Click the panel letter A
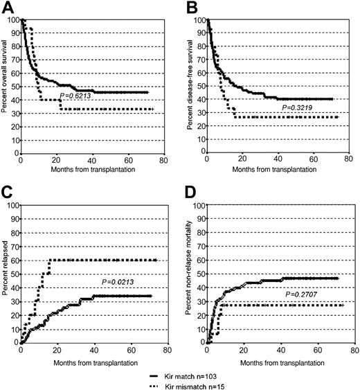click(8, 8)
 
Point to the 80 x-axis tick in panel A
click(161, 161)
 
